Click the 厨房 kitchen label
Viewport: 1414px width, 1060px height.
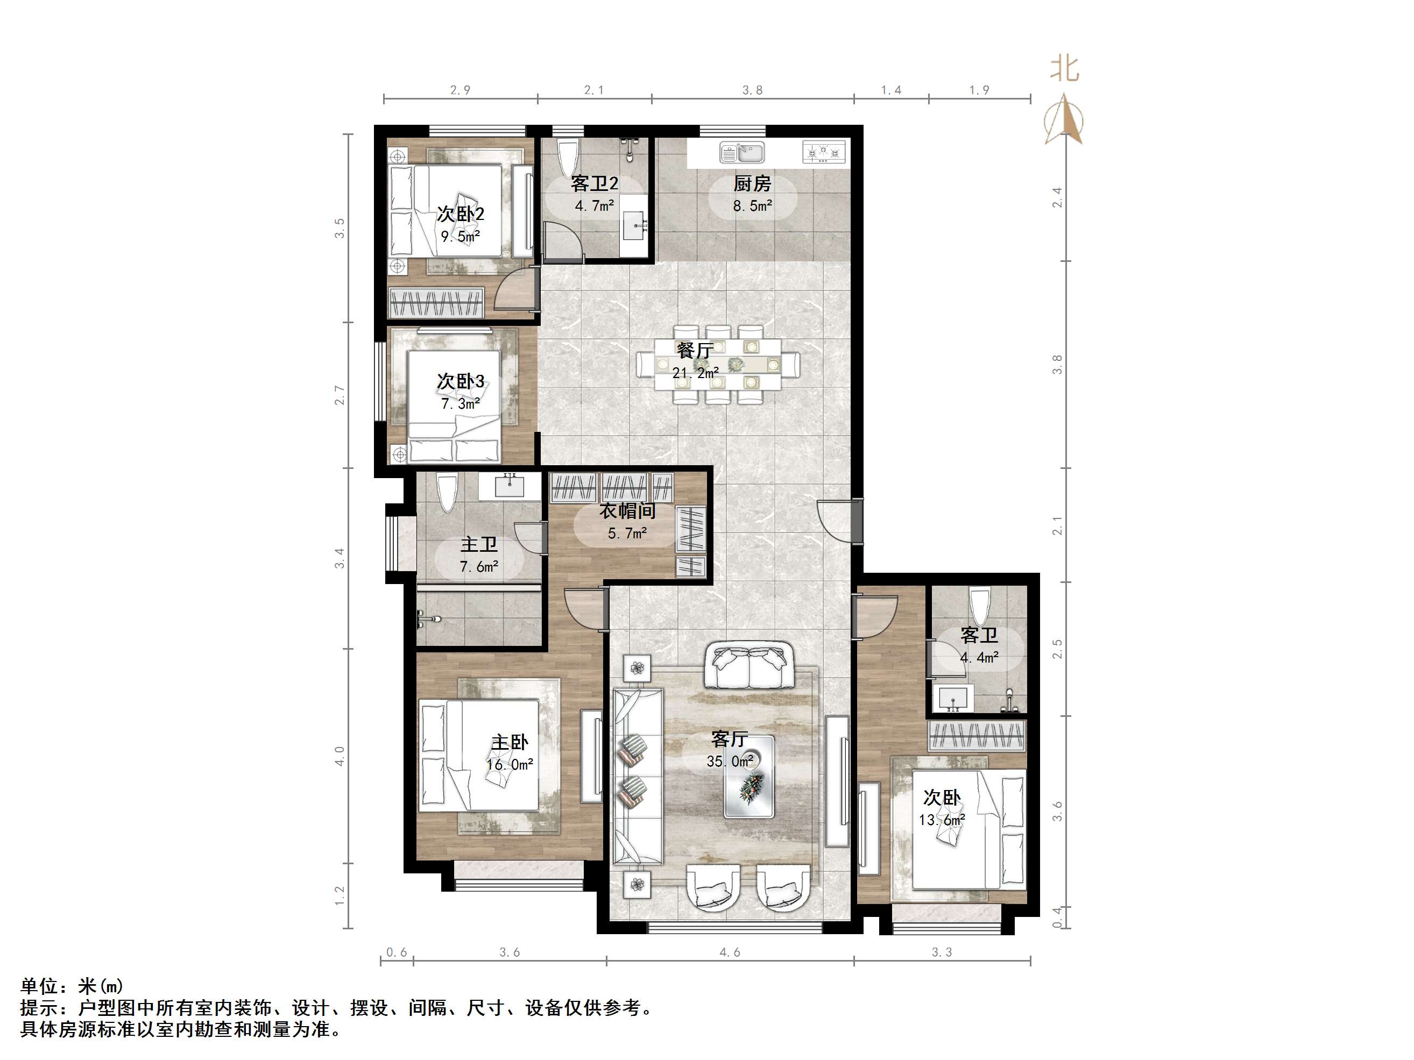[752, 184]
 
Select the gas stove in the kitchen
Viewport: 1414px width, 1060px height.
[823, 152]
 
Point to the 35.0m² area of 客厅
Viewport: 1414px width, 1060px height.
[730, 761]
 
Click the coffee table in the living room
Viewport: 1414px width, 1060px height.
[748, 776]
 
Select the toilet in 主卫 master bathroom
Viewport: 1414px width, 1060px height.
[447, 490]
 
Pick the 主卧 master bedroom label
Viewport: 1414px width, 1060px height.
[510, 742]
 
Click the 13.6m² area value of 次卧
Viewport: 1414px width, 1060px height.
[942, 820]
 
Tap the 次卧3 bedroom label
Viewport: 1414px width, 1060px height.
[460, 381]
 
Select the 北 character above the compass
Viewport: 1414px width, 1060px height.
[1064, 69]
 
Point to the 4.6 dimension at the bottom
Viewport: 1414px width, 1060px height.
[730, 952]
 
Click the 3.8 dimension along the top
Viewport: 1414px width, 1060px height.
[752, 90]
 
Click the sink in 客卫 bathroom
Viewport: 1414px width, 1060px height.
[952, 697]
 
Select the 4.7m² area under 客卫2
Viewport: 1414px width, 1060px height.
[594, 206]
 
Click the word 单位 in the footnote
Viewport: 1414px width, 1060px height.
[40, 986]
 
